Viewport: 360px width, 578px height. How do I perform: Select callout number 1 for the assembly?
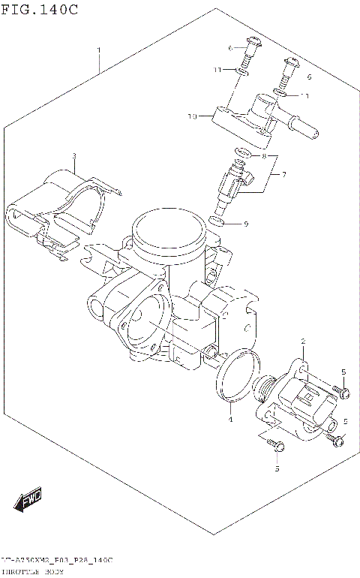(x=99, y=50)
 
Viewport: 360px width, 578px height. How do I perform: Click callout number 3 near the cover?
(x=74, y=156)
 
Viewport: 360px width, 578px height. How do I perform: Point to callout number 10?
(x=192, y=116)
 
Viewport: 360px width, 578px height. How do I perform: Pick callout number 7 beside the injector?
(x=283, y=174)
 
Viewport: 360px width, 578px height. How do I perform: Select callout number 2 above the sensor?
(x=302, y=342)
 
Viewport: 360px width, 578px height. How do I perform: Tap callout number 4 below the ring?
(x=231, y=420)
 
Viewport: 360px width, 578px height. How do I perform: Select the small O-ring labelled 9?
(x=216, y=221)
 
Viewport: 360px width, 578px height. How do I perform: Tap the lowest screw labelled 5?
(x=278, y=447)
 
